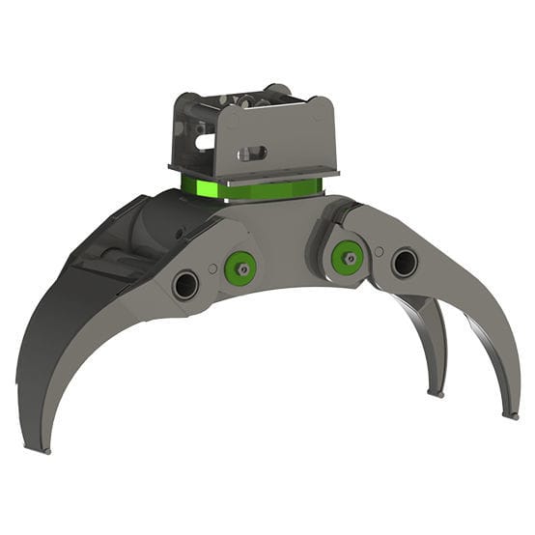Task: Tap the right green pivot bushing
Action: click(347, 257)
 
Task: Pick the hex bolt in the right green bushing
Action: click(347, 257)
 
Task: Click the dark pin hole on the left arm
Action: click(185, 284)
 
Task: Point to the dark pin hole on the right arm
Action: click(404, 262)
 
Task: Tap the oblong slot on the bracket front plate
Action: click(256, 152)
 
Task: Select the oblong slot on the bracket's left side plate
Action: click(203, 141)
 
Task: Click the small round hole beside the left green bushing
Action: click(212, 269)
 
